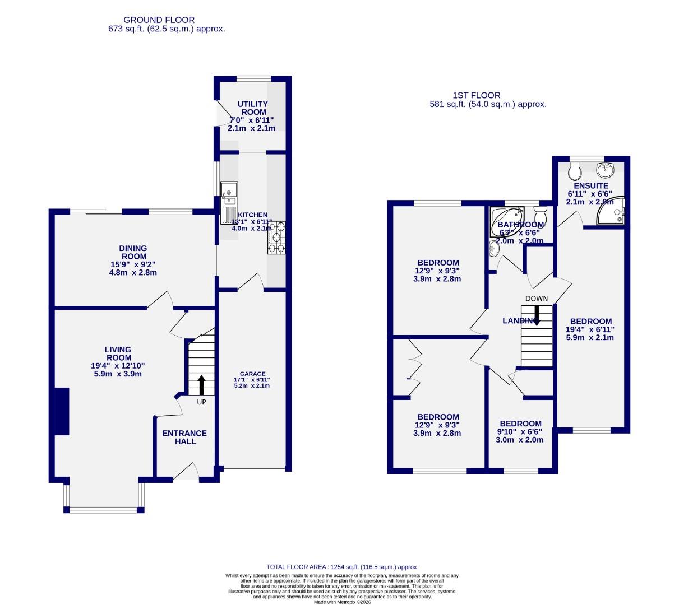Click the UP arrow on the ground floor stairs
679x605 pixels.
coord(201,385)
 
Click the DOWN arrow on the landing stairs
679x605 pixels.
coord(537,315)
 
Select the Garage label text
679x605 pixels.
coord(252,374)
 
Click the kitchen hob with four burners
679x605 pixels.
coord(276,238)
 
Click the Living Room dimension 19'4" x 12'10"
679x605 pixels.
coord(118,365)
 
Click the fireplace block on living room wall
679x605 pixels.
coord(61,411)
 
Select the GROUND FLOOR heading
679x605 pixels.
coord(159,20)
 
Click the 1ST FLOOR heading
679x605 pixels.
coord(477,95)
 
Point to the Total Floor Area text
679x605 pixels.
coord(342,567)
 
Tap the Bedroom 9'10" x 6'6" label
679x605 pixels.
coord(520,424)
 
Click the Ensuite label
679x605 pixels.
coord(590,185)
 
